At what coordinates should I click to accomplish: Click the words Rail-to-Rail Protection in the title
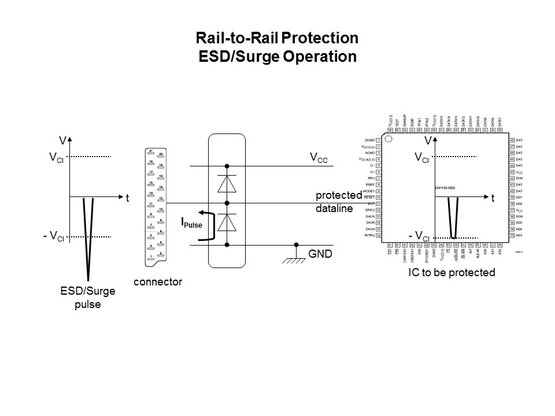coord(278,39)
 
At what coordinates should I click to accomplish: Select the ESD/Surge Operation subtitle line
coord(277,57)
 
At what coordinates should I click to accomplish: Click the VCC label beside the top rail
coord(319,157)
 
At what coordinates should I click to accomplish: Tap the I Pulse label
coord(191,222)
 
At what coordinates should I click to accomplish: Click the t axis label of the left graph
coord(127,197)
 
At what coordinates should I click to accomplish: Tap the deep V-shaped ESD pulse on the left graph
coord(88,243)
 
